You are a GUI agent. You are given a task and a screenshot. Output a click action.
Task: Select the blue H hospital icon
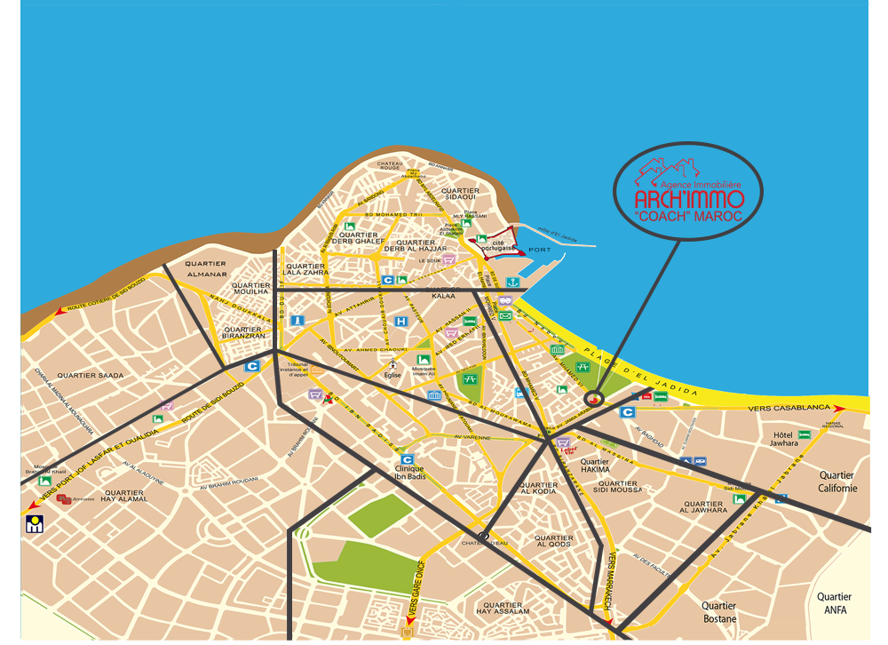tap(401, 321)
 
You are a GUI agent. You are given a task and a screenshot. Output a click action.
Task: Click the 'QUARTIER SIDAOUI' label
tap(460, 195)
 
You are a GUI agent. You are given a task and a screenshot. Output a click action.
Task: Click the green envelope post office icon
tap(505, 315)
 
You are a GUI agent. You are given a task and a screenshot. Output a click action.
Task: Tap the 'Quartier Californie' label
tap(837, 482)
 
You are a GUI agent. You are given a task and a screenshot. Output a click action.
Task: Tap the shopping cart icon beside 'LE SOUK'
tap(449, 259)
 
